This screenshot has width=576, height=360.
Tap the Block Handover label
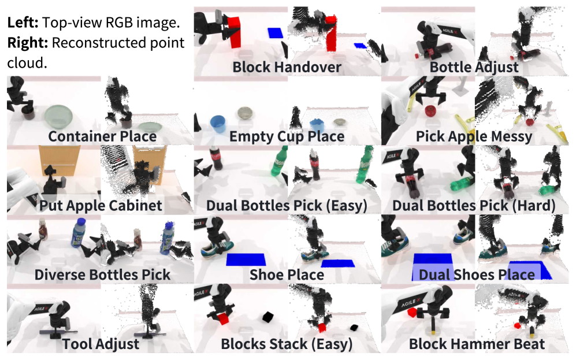pos(287,68)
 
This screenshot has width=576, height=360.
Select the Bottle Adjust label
pos(474,68)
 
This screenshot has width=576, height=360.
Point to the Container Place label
pos(102,137)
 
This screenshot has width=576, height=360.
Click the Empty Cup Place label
pos(287,137)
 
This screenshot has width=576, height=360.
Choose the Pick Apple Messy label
pos(474,137)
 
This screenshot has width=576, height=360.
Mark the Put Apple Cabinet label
pos(101,206)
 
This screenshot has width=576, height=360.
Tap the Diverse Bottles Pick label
pos(102,274)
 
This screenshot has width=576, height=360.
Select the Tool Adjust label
pos(101,344)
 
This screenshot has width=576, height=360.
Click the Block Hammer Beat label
pos(477,344)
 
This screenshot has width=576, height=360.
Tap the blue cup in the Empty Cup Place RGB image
pos(217,123)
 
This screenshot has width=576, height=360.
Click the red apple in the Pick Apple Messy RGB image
pos(430,110)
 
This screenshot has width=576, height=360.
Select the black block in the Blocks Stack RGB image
pos(267,317)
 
